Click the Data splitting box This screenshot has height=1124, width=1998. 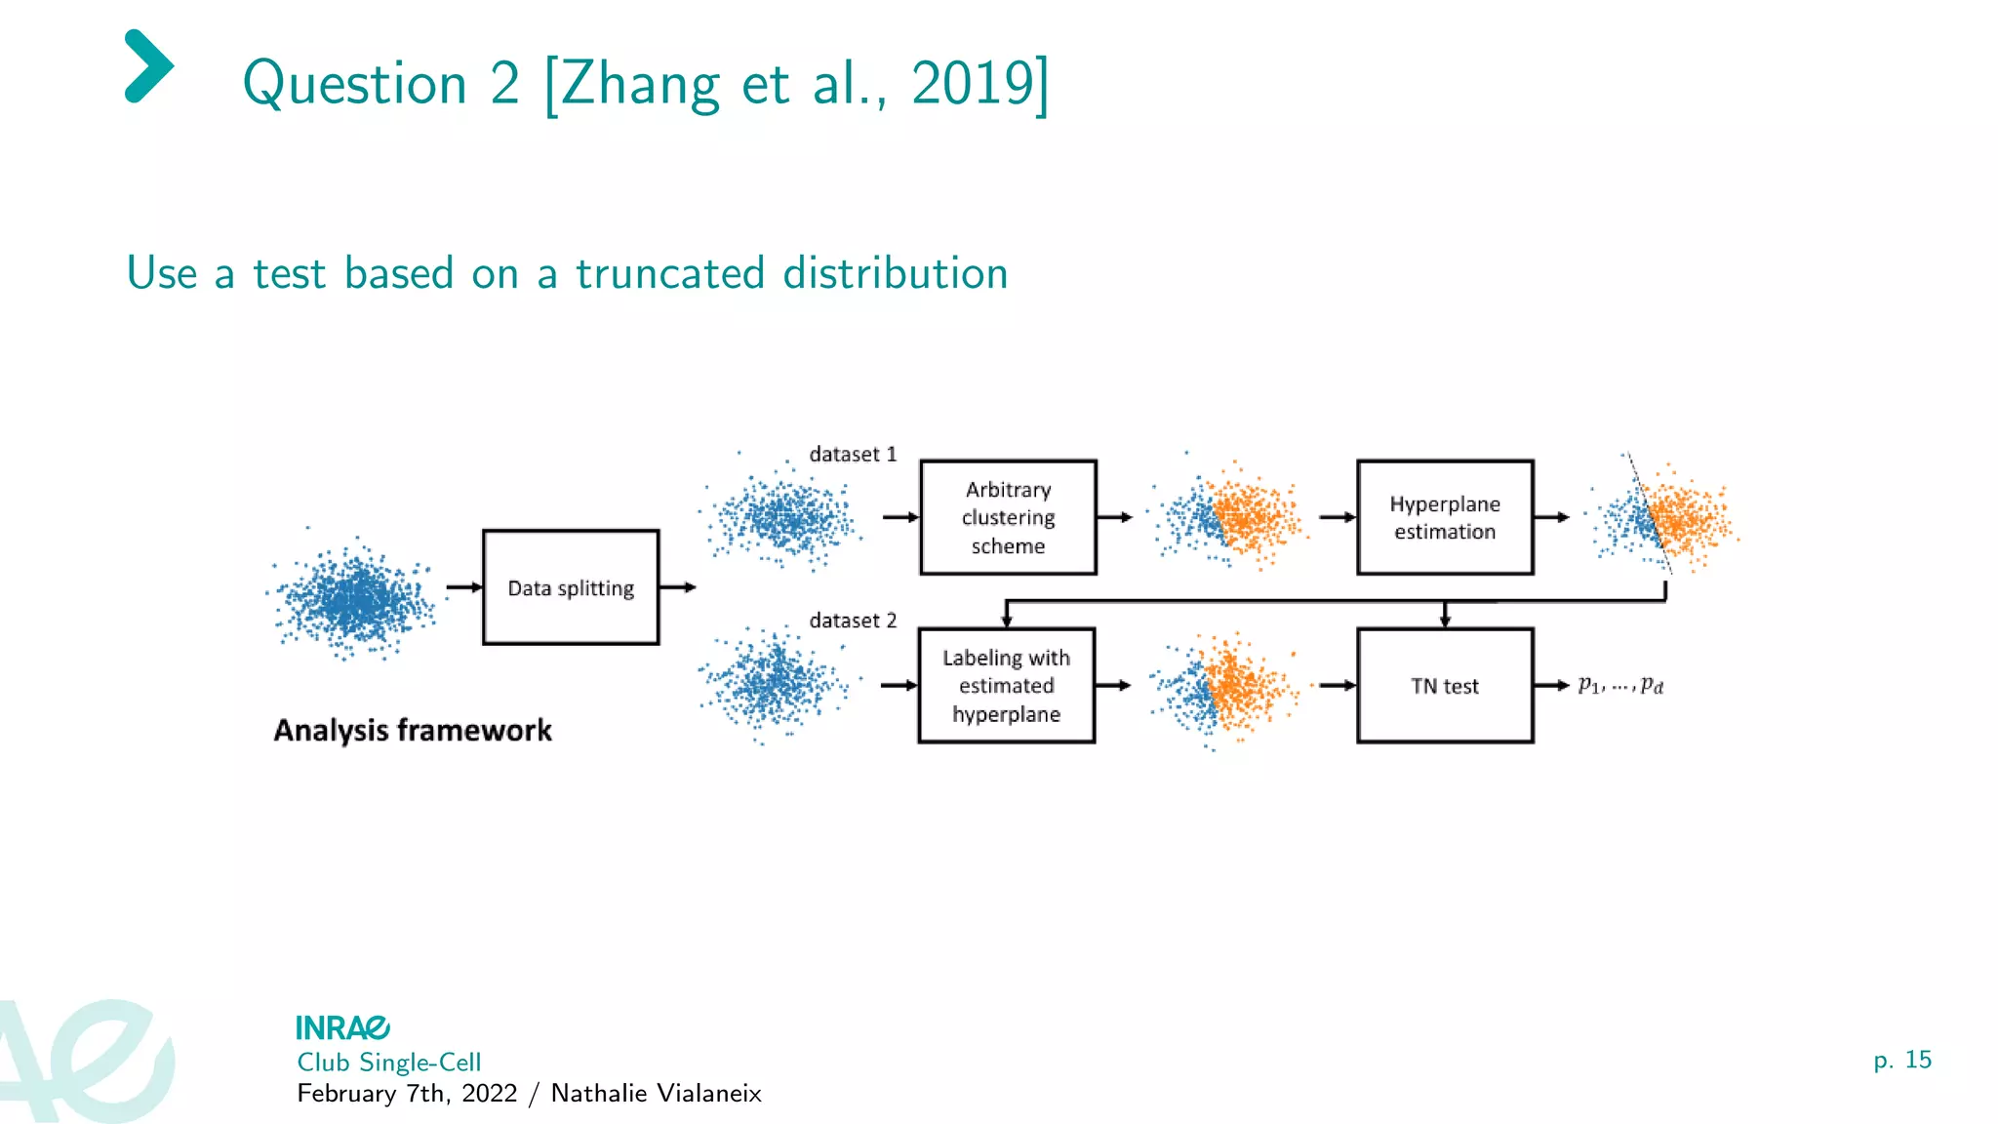pos(571,587)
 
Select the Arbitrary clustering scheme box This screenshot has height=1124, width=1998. pos(1008,517)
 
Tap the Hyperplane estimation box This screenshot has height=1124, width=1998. pos(1445,517)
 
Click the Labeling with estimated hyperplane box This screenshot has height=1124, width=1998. pos(1006,685)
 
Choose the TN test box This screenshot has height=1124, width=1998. pos(1445,685)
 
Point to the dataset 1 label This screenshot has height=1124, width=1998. pos(853,454)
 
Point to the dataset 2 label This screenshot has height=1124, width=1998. pos(853,621)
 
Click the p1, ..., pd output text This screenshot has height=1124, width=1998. pos(1620,685)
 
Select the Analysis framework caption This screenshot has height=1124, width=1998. pos(413,730)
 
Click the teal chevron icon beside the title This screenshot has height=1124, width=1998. pos(148,66)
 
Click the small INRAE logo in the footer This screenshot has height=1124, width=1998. pos(342,1027)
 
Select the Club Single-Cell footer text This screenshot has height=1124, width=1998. pos(388,1062)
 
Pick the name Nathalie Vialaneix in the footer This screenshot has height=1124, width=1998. pos(656,1093)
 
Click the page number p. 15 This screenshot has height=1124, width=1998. pos(1901,1060)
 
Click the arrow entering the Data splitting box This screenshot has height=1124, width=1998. pos(464,587)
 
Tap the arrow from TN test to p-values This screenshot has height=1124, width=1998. pos(1551,685)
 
